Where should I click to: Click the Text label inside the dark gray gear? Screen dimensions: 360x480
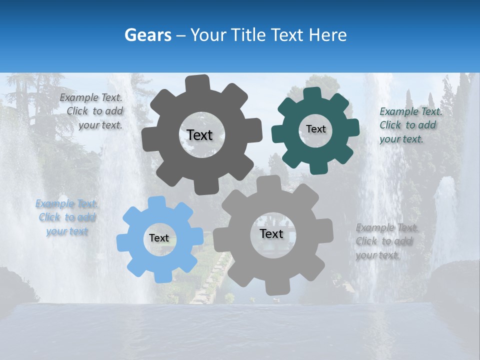tap(199, 135)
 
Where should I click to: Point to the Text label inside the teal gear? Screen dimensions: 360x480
tap(315, 129)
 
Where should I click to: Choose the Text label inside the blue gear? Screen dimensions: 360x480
tap(159, 238)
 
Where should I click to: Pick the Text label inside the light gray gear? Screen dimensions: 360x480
tap(271, 233)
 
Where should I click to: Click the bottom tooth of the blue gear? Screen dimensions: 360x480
tap(161, 275)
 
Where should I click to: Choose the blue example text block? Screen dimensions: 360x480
tap(67, 217)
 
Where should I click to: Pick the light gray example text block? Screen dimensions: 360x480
tap(386, 241)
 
